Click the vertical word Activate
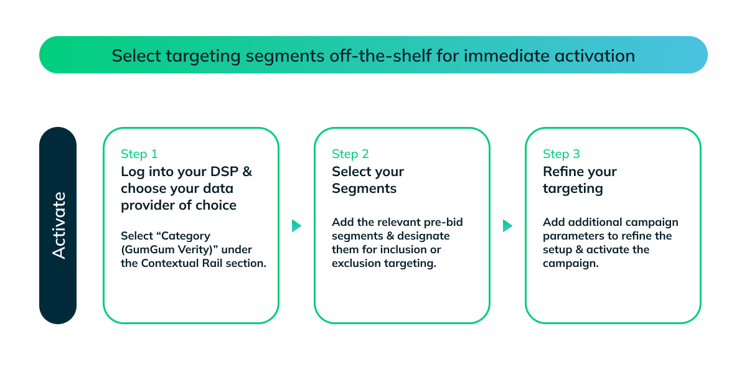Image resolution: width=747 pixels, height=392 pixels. [59, 225]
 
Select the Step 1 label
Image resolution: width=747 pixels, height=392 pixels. [139, 154]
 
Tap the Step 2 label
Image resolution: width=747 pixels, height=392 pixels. [350, 154]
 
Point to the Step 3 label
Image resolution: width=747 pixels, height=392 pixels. [561, 154]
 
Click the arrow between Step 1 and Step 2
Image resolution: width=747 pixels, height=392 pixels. [296, 226]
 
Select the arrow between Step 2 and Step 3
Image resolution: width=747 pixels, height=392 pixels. [507, 226]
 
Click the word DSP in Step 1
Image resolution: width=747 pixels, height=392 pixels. [225, 172]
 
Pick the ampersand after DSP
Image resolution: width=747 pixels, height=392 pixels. [247, 172]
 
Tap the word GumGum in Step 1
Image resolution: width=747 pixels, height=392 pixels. [149, 250]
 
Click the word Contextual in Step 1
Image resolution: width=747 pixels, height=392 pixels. [170, 263]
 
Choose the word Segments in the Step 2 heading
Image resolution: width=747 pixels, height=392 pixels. [364, 189]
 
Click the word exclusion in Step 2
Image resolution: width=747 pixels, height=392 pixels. [356, 263]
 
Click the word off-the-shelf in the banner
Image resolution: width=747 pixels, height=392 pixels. [380, 55]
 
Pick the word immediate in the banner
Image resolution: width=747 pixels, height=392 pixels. [507, 55]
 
